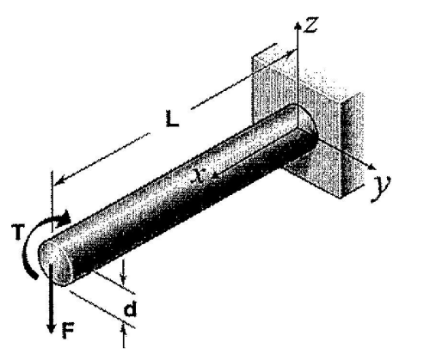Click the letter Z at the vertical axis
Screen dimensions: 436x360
[311, 25]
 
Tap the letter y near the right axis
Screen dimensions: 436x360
[381, 188]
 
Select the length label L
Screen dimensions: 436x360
[172, 119]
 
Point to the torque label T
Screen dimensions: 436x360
[17, 232]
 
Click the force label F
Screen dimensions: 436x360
[68, 330]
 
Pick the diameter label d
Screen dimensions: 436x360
[131, 308]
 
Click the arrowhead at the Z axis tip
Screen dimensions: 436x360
[298, 26]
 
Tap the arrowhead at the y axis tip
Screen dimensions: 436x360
[372, 167]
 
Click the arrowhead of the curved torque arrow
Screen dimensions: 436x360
[64, 219]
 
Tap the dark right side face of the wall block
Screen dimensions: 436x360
[352, 144]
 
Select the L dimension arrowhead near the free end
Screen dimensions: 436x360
[58, 182]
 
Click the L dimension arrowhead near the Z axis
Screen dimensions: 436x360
[291, 53]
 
